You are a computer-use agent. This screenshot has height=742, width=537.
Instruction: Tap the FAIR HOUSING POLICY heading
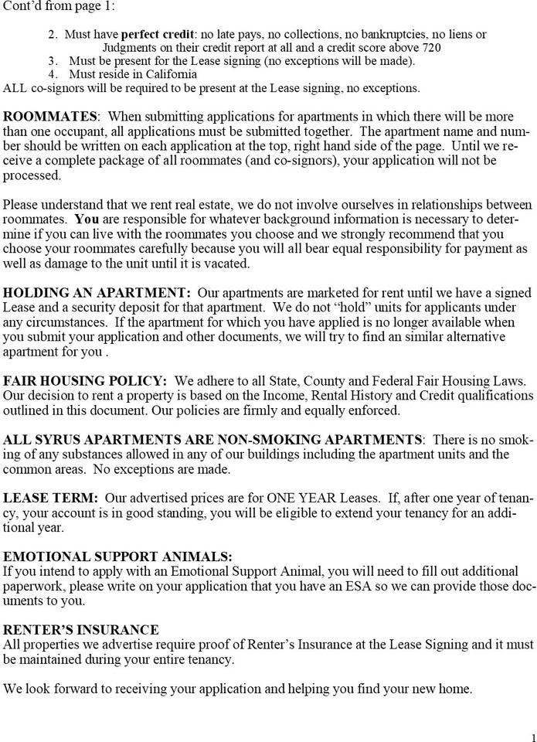84,381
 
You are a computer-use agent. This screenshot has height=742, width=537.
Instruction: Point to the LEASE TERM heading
50,499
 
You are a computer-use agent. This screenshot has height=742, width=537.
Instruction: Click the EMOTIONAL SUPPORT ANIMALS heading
117,557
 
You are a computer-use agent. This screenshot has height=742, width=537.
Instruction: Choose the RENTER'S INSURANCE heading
81,630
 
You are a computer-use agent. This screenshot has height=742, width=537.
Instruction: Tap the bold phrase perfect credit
157,34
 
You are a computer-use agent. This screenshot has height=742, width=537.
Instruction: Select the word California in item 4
170,74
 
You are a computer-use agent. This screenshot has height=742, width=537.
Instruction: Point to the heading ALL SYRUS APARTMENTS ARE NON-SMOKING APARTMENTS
212,440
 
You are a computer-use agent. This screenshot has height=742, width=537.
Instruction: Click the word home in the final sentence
456,689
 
